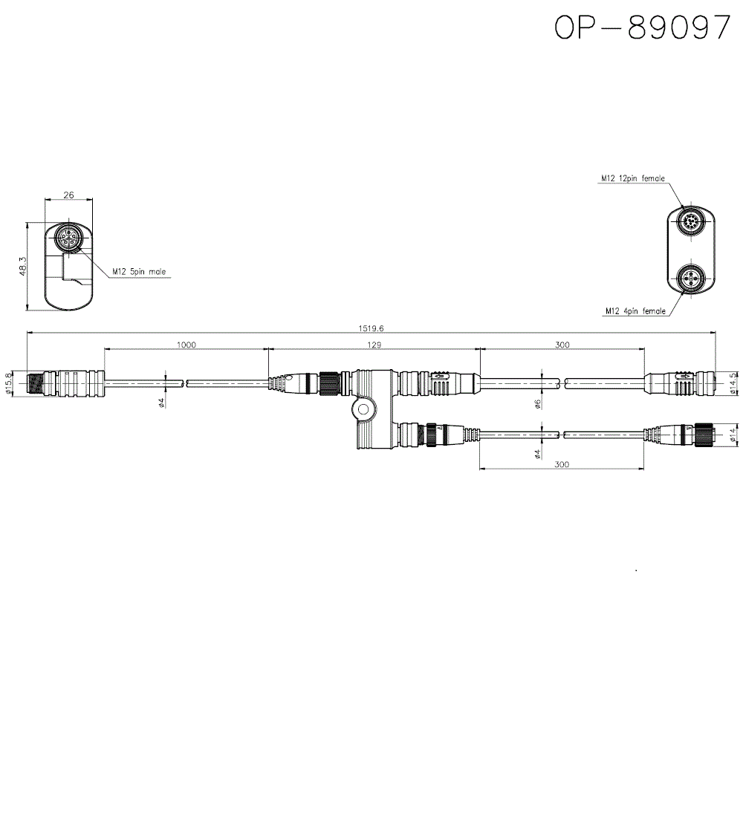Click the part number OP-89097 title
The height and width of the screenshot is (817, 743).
[643, 28]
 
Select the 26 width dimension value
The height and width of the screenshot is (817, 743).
[68, 195]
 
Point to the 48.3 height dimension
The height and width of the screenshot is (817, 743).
[23, 267]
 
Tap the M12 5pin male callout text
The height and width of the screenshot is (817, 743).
[139, 272]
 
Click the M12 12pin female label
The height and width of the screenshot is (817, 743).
[633, 178]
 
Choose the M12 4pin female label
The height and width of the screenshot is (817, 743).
[635, 311]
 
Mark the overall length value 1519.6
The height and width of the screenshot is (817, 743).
[370, 328]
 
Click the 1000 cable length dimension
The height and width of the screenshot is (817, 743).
[186, 345]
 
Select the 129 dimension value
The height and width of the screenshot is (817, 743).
[374, 345]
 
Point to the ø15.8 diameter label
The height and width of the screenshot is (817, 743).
[9, 384]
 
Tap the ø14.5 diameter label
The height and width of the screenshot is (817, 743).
[733, 383]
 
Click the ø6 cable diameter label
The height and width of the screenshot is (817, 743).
[536, 404]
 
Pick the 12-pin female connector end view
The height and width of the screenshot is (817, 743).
[690, 221]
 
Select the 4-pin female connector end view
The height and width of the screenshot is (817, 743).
[690, 280]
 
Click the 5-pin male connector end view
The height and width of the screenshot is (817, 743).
[68, 238]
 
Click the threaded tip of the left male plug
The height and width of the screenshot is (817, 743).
[33, 384]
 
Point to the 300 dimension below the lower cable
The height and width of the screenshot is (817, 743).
[562, 464]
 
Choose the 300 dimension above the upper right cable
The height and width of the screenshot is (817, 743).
[562, 345]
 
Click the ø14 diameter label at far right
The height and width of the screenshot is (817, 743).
[733, 436]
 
